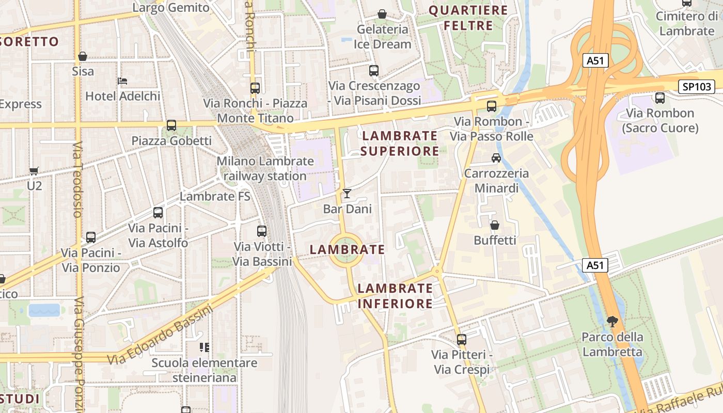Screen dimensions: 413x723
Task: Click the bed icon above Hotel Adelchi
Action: coord(122,81)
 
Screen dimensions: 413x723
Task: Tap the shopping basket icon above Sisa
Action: coord(83,56)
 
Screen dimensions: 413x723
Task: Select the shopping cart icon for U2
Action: coord(34,171)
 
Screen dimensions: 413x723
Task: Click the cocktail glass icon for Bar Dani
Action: coord(347,194)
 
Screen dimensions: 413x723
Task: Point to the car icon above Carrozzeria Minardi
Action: coord(496,158)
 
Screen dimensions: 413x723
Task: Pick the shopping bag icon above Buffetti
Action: coord(495,225)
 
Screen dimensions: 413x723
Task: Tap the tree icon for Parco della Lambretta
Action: coord(612,322)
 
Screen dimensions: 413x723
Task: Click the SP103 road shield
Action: coord(697,87)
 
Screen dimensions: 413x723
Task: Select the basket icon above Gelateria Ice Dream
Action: coord(382,14)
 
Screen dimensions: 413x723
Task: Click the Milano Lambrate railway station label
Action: coord(265,168)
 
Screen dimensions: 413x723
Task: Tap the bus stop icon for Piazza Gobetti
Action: coord(171,125)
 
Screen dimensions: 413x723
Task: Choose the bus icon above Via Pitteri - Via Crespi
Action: coord(462,340)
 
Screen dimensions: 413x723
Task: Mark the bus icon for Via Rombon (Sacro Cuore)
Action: coord(660,98)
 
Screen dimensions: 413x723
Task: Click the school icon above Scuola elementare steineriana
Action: coord(205,347)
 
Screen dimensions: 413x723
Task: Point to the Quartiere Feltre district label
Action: coord(469,18)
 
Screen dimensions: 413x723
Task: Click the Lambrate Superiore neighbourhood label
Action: coord(400,143)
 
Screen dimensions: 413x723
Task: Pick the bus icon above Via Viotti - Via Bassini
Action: coord(262,231)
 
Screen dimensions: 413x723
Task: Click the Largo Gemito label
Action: coord(171,7)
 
